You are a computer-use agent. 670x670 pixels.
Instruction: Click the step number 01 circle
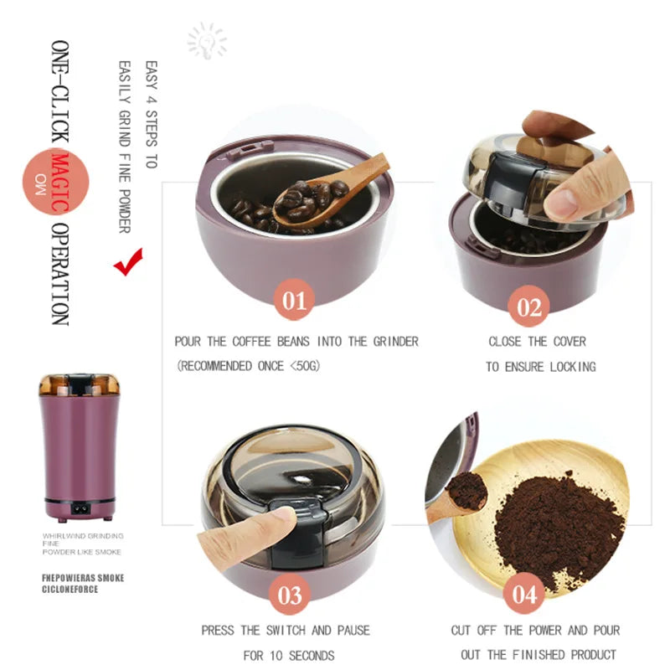pos(294,300)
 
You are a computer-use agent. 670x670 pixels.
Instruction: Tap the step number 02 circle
pos(529,306)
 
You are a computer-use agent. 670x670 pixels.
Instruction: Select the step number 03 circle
pos(290,595)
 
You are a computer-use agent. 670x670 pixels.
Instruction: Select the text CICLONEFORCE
pos(71,589)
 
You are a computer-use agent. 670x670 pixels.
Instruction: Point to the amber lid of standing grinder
pos(79,385)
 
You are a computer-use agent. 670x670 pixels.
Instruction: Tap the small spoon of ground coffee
pos(466,492)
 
